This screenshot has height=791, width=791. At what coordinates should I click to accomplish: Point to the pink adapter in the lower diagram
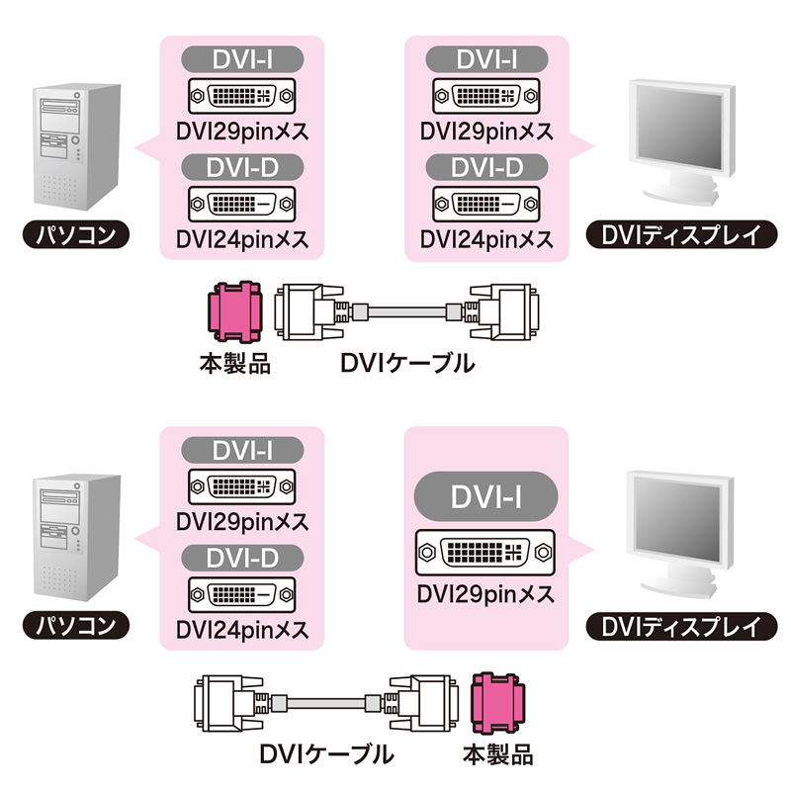click(499, 705)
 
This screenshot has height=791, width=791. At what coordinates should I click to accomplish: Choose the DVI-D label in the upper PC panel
click(241, 167)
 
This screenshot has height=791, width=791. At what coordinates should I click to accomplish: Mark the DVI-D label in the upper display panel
click(486, 167)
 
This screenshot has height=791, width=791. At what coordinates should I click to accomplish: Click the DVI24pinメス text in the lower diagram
click(241, 630)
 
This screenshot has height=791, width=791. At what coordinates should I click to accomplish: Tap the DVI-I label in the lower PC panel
click(241, 450)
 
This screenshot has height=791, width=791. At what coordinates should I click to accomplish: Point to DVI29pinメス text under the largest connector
click(485, 594)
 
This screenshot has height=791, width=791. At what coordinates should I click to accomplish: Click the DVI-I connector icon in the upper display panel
click(486, 98)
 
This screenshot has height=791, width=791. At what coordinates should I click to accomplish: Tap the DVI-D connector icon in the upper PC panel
click(241, 205)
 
